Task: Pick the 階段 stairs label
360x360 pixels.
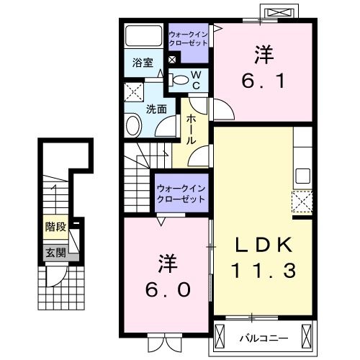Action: click(x=55, y=228)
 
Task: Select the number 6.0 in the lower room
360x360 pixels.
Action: click(x=165, y=289)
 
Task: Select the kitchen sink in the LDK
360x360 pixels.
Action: click(x=302, y=175)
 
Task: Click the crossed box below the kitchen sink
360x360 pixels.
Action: click(x=302, y=202)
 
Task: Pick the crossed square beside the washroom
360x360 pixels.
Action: click(x=134, y=91)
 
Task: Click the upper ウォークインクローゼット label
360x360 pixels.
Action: click(x=188, y=38)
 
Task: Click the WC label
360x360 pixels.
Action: click(x=194, y=79)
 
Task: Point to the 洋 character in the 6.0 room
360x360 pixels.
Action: click(x=165, y=259)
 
